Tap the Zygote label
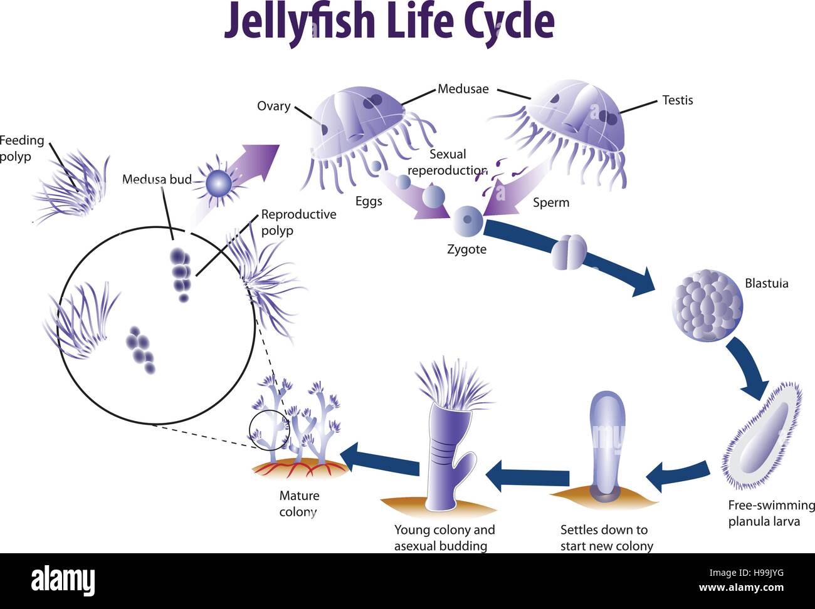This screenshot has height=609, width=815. click(466, 249)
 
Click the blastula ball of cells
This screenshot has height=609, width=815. click(707, 306)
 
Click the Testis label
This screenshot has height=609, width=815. click(677, 100)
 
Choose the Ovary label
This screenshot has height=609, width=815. click(273, 106)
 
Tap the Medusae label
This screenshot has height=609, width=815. click(463, 89)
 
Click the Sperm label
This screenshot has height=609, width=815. click(550, 202)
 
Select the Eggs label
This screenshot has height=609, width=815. click(369, 201)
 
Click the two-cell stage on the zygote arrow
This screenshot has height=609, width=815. click(569, 251)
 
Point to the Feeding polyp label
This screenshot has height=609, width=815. click(21, 148)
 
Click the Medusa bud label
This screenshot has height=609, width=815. click(157, 180)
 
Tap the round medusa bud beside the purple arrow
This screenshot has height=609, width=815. click(219, 183)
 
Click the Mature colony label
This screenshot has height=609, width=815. click(299, 504)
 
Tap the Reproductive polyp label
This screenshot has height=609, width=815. click(298, 222)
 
